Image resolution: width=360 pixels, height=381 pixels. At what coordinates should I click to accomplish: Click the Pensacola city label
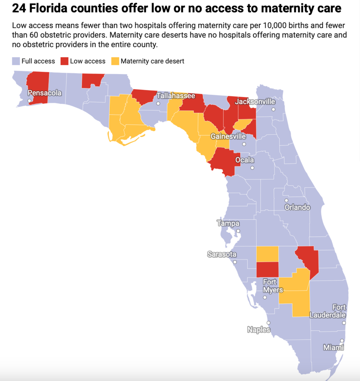(x=45, y=93)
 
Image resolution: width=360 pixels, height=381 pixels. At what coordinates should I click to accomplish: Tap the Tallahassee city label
(x=176, y=96)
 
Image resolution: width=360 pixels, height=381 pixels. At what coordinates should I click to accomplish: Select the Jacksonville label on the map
(x=256, y=102)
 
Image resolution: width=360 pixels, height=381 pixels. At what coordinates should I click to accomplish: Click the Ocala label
(x=245, y=160)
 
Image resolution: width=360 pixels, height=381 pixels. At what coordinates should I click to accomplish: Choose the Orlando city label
(x=297, y=207)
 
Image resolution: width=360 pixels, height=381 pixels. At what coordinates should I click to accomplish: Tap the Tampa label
(x=228, y=224)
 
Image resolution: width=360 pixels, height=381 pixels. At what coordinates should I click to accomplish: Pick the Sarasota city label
(x=222, y=254)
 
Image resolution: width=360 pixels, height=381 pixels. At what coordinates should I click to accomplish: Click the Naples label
(x=258, y=330)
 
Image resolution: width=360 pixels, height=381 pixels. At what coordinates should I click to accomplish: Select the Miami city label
(x=333, y=348)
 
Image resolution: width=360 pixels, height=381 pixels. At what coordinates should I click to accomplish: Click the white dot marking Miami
(x=342, y=340)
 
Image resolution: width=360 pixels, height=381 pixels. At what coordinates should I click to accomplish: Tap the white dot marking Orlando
(x=286, y=201)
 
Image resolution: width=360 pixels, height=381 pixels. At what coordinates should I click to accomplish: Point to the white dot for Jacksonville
(x=273, y=109)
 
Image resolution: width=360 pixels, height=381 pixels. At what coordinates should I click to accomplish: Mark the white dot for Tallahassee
(x=158, y=103)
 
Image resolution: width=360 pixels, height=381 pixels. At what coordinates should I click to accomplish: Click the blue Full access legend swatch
(x=16, y=61)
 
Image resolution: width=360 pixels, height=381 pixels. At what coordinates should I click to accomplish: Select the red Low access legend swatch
(x=64, y=61)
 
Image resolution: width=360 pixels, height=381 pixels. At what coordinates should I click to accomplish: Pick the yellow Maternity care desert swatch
(x=115, y=61)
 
